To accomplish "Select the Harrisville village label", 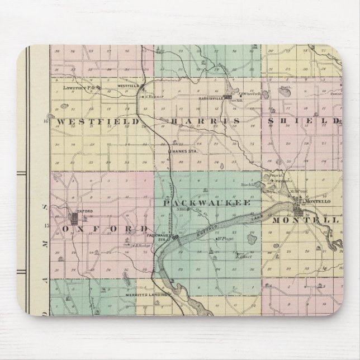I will click(x=210, y=97).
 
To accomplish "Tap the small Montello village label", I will click(x=318, y=201).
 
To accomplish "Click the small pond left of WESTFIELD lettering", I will click(x=52, y=117).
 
